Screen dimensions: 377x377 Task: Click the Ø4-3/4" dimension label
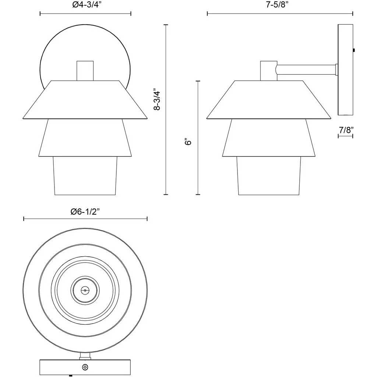(x=85, y=5)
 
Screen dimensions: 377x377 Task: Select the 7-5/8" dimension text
(x=277, y=5)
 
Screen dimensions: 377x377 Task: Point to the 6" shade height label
(x=188, y=142)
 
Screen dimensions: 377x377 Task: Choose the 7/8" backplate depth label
(x=346, y=130)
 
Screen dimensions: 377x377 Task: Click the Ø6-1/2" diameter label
(x=85, y=212)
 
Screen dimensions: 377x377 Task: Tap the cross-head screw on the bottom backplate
(x=85, y=367)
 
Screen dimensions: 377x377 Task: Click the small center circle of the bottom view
(x=85, y=290)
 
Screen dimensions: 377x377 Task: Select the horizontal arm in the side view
(x=306, y=70)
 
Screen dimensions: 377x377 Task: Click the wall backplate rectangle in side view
(x=345, y=70)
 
